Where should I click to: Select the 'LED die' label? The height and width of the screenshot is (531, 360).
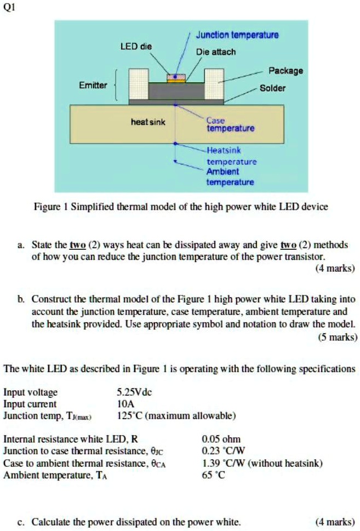136,47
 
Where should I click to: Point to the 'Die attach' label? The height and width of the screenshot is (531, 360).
216,52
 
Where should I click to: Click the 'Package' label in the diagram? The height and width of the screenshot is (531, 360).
285,71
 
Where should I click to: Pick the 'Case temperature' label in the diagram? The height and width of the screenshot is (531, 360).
230,124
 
